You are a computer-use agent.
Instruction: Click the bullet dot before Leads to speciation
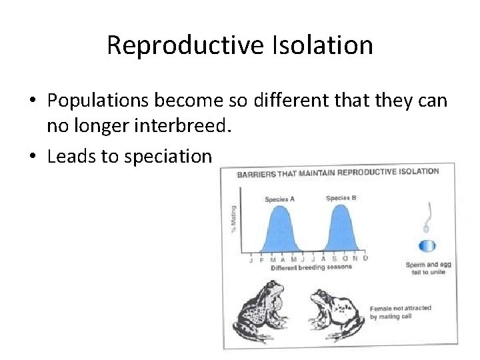pos(33,156)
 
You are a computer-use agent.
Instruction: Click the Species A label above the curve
pos(279,199)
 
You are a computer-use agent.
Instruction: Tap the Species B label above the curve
pos(341,198)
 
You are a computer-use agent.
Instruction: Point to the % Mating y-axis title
pos(233,219)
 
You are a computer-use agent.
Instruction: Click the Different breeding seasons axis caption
pos(311,267)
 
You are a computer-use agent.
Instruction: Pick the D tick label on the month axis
pos(365,258)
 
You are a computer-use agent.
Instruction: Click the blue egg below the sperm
pos(427,245)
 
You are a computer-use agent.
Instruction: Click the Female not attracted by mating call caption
pos(399,311)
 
